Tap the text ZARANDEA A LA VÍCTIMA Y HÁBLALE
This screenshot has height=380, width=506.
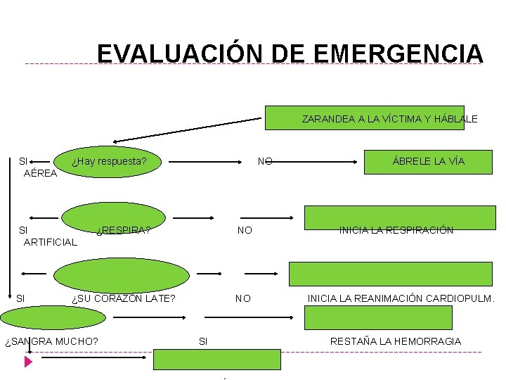point(389,119)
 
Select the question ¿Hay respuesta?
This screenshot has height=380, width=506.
point(109,161)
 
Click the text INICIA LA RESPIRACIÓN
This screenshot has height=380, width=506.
point(396,230)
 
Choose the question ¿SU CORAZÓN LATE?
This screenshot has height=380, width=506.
point(124,298)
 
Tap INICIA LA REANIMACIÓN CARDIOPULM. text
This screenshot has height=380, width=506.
point(401,298)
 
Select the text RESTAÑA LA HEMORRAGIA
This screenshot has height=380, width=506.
point(396,341)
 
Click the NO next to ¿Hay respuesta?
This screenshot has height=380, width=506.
point(264,161)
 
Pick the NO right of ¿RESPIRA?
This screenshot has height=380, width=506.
point(245,230)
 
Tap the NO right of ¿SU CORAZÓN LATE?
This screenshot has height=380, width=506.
point(242,298)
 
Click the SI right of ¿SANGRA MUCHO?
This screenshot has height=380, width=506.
point(203,341)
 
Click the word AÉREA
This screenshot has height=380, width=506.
point(40,173)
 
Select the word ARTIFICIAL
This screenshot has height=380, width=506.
point(50,242)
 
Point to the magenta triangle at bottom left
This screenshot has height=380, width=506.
point(28,362)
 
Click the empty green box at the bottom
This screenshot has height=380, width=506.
point(217,359)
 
